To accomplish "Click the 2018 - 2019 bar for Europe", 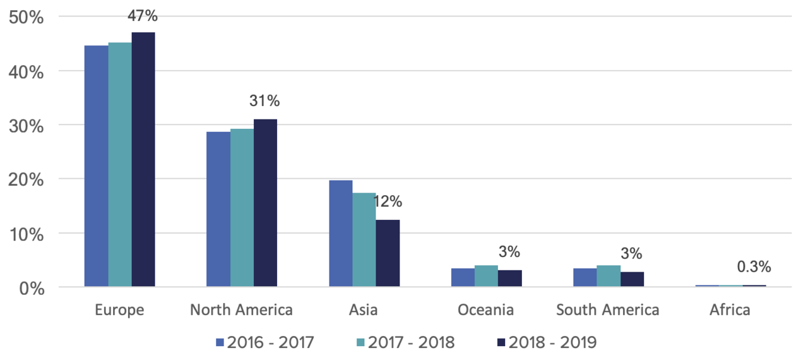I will point(143,159).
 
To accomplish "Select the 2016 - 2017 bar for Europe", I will point(97,166).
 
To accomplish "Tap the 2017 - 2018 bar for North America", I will point(242,208).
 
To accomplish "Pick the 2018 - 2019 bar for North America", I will point(265,203).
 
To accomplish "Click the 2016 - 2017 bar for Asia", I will point(341,234).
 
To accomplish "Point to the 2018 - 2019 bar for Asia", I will point(388,253).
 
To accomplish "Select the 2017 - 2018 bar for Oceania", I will point(486,276).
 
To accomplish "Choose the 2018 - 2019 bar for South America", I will point(632,279).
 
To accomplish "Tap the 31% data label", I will point(265,101).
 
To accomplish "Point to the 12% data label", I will point(388,202).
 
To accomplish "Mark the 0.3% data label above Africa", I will point(754,267).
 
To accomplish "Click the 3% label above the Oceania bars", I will point(509,252).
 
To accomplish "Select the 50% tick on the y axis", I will point(27,17).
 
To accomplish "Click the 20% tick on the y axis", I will point(27,179).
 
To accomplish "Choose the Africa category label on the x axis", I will point(730,310).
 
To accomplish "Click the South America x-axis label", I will point(608,310).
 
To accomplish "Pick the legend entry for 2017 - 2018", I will point(403,342).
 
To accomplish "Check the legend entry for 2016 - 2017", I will point(264,342).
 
